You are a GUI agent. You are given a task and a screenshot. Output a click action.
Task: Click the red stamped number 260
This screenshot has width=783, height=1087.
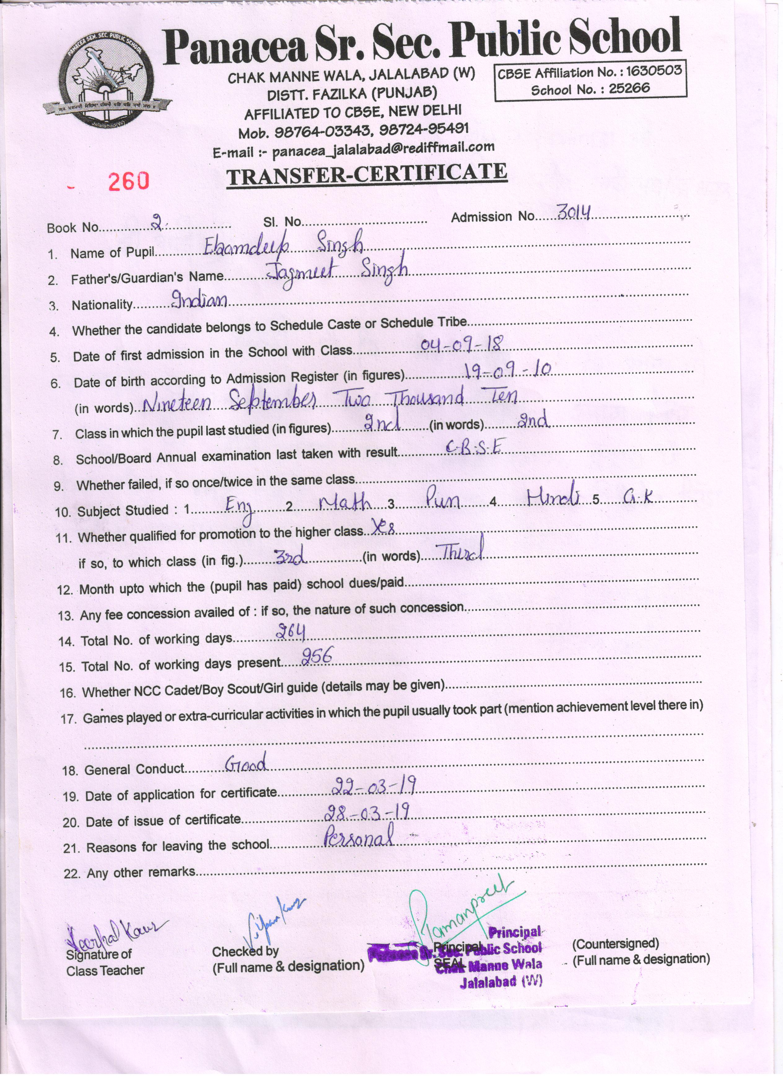click(x=128, y=181)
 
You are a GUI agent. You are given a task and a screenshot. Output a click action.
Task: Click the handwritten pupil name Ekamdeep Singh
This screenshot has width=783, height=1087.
click(x=282, y=246)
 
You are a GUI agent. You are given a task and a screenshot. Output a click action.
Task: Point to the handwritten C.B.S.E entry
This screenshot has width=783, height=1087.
click(x=474, y=447)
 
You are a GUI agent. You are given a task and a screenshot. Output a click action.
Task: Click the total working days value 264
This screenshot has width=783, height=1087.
click(x=290, y=633)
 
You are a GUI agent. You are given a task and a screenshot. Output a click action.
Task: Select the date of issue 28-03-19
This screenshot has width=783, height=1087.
click(x=367, y=812)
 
